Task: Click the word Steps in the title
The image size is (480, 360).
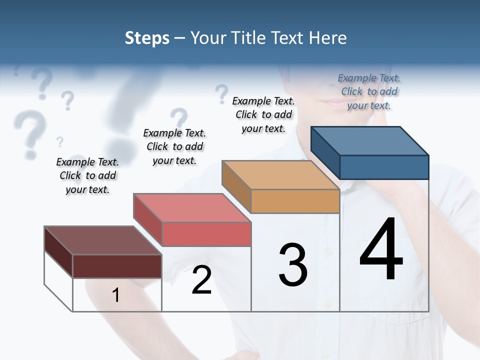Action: [147, 38]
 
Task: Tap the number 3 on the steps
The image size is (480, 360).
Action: [293, 265]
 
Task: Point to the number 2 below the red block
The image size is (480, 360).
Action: [201, 280]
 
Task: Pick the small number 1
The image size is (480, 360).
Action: [115, 295]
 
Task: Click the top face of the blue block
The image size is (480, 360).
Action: [370, 140]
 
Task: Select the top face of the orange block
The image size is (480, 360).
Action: [280, 175]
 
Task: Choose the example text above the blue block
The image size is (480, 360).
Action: [369, 91]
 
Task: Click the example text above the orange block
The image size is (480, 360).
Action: [263, 114]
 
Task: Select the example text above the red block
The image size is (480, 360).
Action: [174, 146]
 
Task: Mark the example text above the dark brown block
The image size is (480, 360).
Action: [87, 175]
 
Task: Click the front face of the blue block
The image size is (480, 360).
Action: [384, 167]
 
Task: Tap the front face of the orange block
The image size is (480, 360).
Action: [295, 201]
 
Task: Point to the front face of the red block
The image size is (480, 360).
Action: [206, 234]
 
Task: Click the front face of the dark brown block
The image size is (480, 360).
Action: [117, 266]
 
